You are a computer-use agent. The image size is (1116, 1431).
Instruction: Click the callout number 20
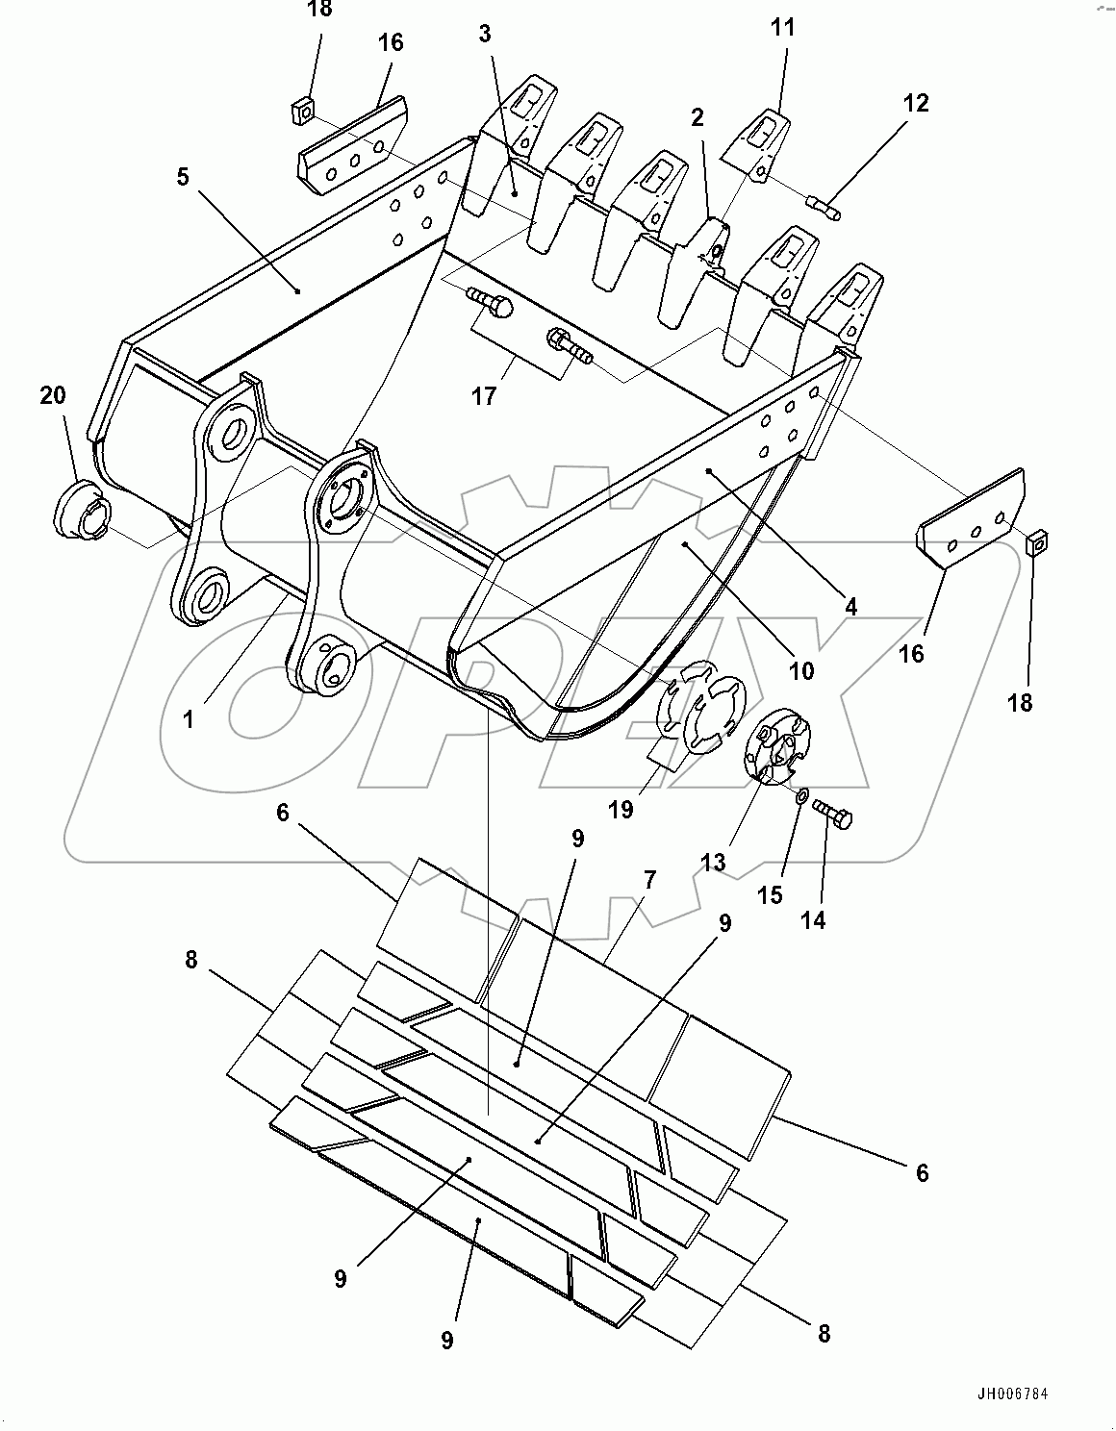54,395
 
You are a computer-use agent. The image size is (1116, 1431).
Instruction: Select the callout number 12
916,103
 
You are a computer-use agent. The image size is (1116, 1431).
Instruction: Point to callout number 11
783,27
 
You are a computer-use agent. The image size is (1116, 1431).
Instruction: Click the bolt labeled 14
833,814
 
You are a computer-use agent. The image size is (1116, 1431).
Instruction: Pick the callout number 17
484,394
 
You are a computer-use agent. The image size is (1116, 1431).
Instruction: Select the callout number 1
189,718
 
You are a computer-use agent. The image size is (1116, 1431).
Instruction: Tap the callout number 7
650,879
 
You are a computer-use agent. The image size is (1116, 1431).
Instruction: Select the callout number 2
697,117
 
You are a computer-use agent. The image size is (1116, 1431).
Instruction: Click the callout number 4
850,607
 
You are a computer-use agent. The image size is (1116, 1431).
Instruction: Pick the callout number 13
713,862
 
